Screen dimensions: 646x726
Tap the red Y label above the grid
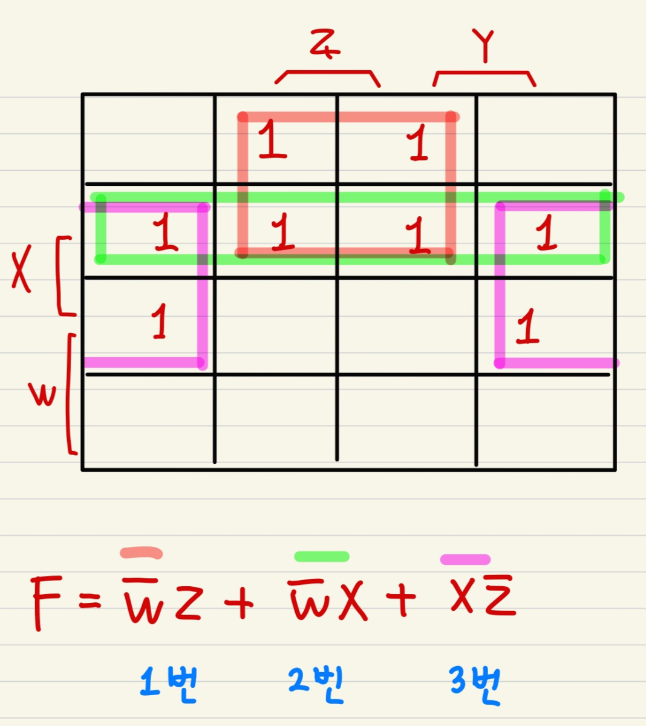(x=484, y=45)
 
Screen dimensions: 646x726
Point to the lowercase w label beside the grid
(x=42, y=395)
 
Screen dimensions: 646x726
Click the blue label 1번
(x=168, y=684)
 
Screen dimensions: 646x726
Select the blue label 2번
(x=316, y=684)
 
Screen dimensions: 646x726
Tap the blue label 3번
(x=475, y=684)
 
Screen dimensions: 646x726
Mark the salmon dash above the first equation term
(x=142, y=552)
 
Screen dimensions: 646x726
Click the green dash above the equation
(x=321, y=556)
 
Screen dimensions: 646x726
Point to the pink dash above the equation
(x=465, y=559)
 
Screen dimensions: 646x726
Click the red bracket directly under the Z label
(x=327, y=75)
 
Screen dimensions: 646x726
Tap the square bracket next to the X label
(x=64, y=276)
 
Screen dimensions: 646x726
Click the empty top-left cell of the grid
(x=148, y=139)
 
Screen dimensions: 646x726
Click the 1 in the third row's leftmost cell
(x=159, y=322)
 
